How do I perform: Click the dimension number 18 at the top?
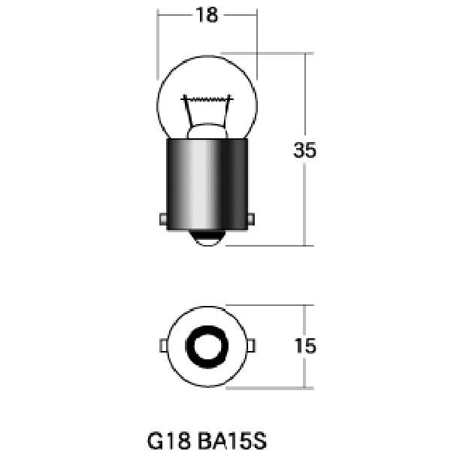click(x=207, y=15)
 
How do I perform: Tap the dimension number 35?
click(x=304, y=150)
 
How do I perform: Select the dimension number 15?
click(x=305, y=346)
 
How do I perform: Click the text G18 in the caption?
click(x=169, y=440)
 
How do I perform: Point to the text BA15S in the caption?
click(x=232, y=440)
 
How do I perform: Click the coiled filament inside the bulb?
click(x=207, y=99)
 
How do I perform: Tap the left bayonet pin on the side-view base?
click(x=163, y=219)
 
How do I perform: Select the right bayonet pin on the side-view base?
click(x=251, y=219)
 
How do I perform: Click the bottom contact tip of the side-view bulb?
click(x=207, y=238)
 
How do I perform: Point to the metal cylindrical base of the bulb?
click(x=207, y=184)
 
